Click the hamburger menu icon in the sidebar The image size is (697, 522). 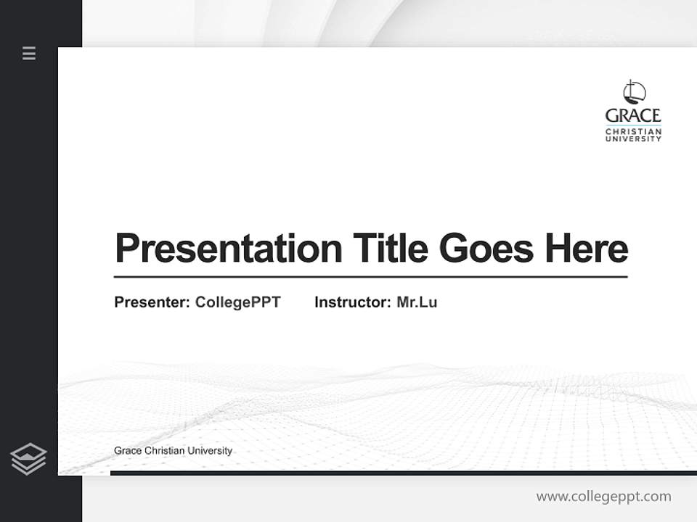(x=29, y=53)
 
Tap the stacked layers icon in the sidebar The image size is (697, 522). (x=28, y=459)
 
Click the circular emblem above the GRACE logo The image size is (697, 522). (x=634, y=92)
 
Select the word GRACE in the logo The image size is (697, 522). (x=633, y=115)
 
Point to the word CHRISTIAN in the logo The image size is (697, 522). (x=633, y=131)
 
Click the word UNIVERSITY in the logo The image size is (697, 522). (x=633, y=138)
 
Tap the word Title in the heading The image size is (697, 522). (x=391, y=249)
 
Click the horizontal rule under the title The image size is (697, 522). (x=370, y=277)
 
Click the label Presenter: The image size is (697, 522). (x=152, y=302)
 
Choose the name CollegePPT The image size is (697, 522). (x=237, y=302)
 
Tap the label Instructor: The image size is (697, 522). (x=352, y=302)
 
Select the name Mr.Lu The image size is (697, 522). (x=417, y=302)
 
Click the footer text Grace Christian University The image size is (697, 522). (x=173, y=451)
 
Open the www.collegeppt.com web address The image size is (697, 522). (x=603, y=497)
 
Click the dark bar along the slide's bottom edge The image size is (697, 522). (x=403, y=473)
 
